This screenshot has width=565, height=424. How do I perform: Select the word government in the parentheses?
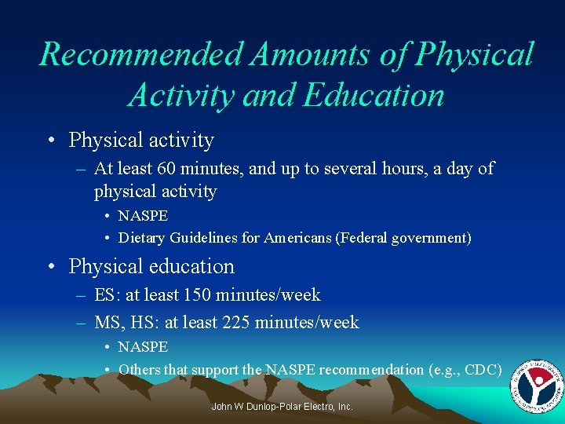click(427, 238)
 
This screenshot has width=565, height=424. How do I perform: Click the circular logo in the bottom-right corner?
click(536, 385)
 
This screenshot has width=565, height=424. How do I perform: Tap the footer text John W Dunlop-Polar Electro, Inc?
click(282, 407)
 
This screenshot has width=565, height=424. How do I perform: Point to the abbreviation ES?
click(104, 295)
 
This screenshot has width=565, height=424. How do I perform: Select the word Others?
click(137, 369)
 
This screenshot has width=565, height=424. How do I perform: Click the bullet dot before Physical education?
click(51, 267)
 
